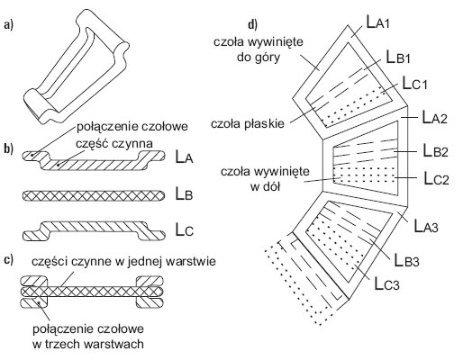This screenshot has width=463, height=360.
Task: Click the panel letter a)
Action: pos(9,25)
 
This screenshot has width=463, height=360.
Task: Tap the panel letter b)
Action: pos(9,149)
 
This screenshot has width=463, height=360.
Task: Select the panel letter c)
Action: pos(9,260)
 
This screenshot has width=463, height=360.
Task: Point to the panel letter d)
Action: pos(253,24)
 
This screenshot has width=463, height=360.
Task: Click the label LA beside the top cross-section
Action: pos(184,157)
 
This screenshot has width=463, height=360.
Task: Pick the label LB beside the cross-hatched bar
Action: pos(184,194)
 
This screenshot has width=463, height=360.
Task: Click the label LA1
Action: pos(378,22)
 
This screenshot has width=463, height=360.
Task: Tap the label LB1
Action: pos(398,57)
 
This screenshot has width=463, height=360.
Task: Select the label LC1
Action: pos(414,83)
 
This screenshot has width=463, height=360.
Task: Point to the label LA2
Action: pos(435,117)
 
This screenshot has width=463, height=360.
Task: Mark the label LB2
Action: pos(435,150)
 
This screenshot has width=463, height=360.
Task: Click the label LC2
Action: pos(436,178)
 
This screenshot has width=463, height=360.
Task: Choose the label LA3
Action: pos(426,226)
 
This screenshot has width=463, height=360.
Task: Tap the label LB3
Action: pos(406,260)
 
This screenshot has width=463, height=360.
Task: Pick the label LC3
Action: pos(387,283)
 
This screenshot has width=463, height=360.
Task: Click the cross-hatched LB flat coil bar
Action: pos(94,195)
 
